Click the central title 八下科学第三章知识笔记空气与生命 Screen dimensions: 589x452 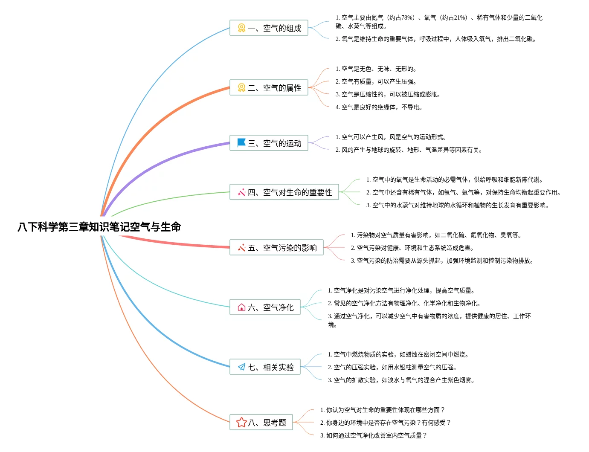99,226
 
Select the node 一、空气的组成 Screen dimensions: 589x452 269,28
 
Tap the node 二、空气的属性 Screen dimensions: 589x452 269,87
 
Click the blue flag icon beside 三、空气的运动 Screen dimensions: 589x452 241,142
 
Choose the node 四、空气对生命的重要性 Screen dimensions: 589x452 284,192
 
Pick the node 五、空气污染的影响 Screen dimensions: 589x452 276,247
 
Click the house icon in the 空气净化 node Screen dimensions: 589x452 241,307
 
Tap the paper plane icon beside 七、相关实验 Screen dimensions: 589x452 241,367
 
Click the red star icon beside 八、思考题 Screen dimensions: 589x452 241,422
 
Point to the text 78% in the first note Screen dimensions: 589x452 408,17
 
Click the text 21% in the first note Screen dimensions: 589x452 460,17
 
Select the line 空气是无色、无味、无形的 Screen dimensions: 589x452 376,69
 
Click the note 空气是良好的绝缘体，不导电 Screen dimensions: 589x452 379,107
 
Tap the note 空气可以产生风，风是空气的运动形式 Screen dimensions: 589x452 391,137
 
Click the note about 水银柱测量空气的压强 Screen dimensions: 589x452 392,367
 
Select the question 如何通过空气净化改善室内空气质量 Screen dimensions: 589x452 373,435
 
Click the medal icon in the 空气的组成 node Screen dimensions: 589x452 241,28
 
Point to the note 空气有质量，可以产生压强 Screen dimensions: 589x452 376,81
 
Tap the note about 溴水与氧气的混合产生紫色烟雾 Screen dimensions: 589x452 401,380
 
